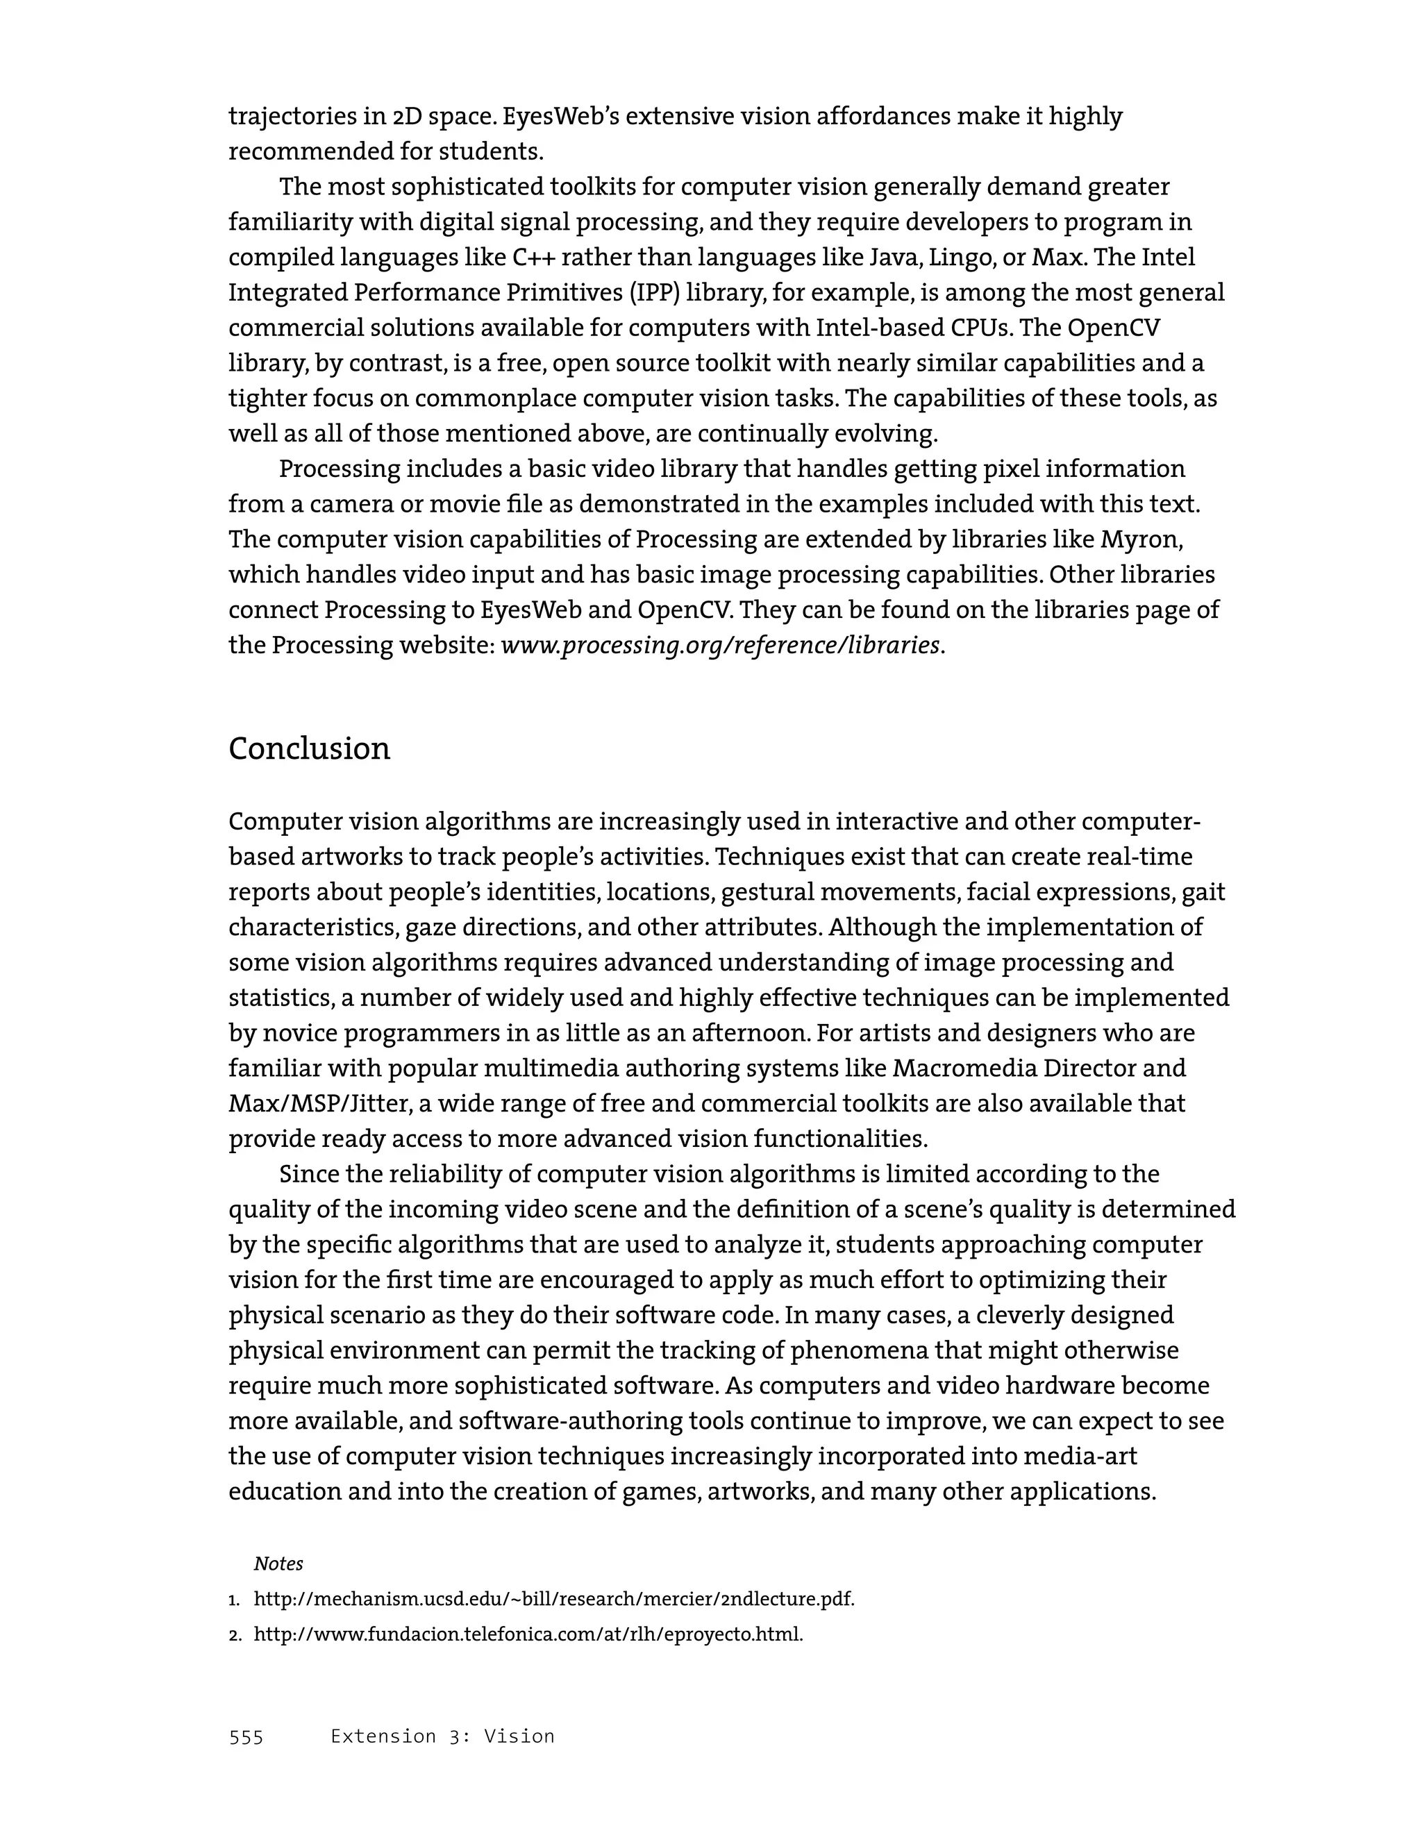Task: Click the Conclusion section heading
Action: pyautogui.click(x=309, y=748)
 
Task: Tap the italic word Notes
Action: pyautogui.click(x=278, y=1563)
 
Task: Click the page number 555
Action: pyautogui.click(x=246, y=1737)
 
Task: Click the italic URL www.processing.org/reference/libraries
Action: pyautogui.click(x=720, y=646)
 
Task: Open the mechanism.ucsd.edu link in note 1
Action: pyautogui.click(x=553, y=1600)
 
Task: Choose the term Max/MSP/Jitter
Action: pyautogui.click(x=319, y=1104)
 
